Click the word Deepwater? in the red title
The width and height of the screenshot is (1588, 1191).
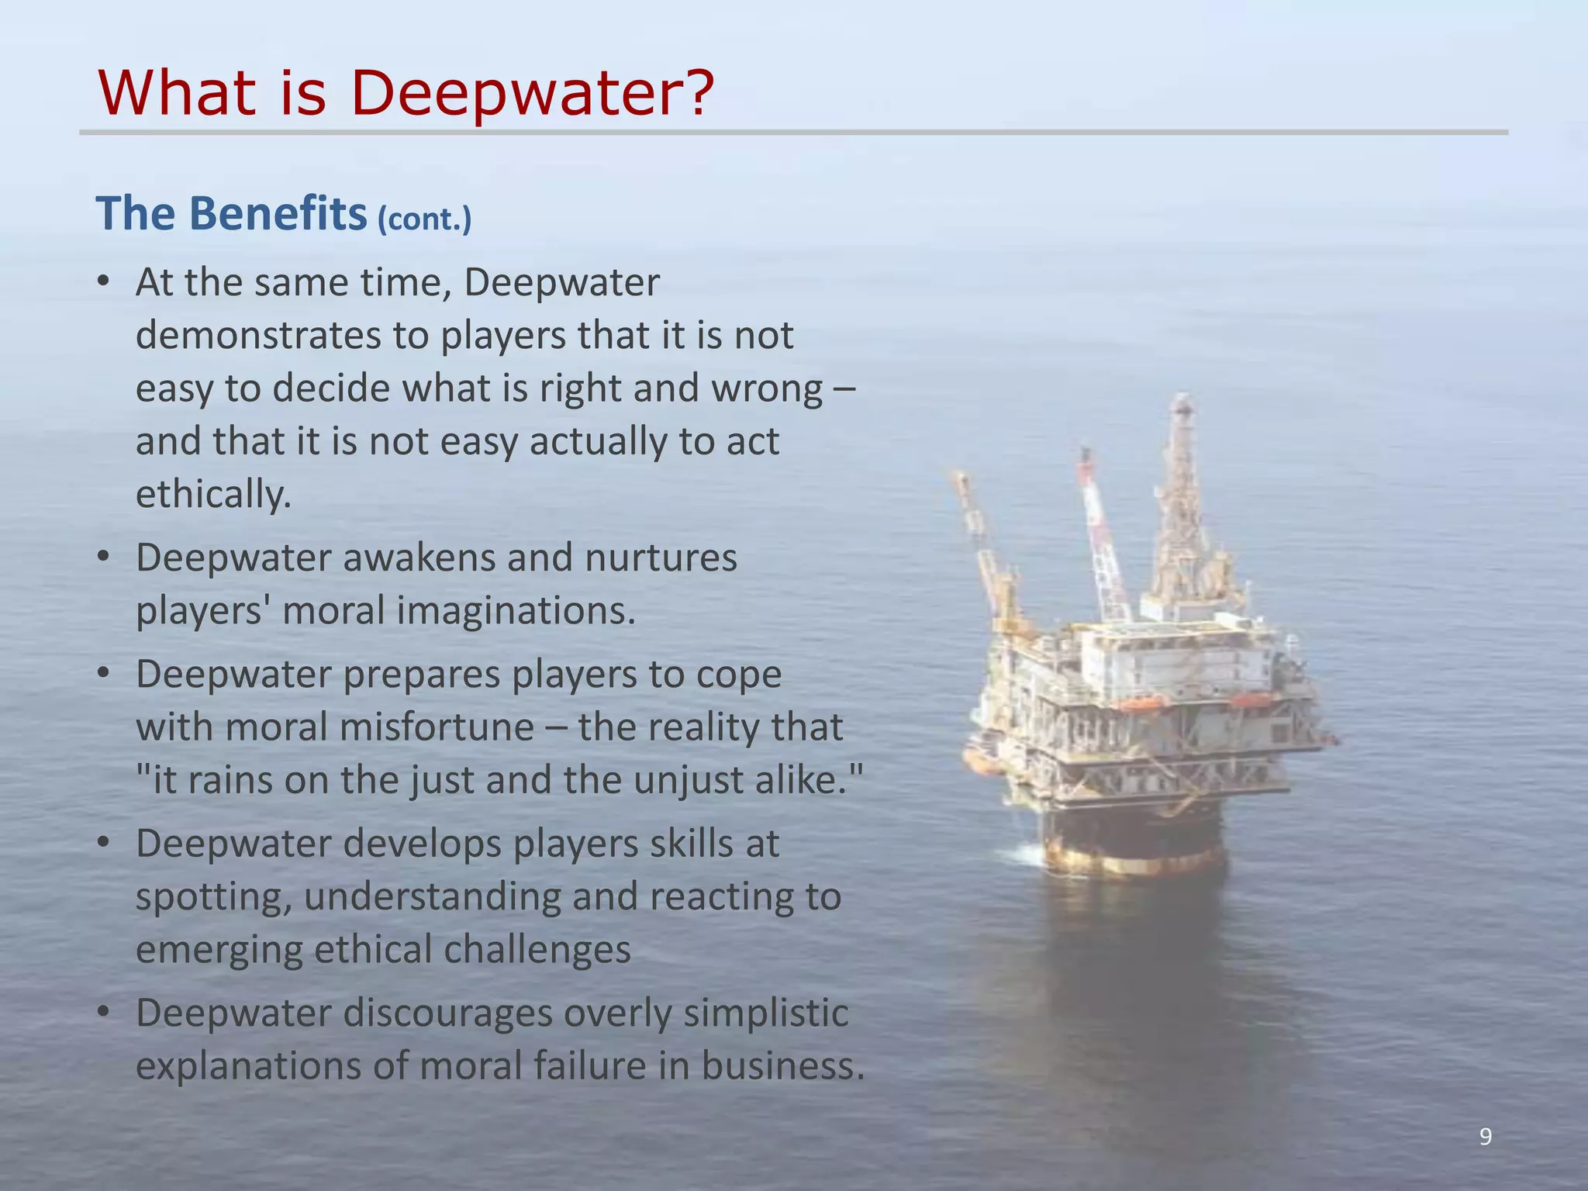[532, 93]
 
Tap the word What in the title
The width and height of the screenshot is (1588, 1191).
[177, 93]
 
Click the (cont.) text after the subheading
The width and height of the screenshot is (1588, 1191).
[424, 219]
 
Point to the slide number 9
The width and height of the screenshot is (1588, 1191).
[1485, 1137]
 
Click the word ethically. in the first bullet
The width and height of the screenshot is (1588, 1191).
[213, 494]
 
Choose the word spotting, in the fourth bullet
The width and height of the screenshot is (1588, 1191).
[214, 897]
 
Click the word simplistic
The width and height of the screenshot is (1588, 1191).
[765, 1013]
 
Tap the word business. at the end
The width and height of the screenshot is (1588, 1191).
[783, 1065]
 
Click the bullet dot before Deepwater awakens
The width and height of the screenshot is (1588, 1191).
[104, 558]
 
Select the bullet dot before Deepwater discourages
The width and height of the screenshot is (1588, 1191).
[104, 1013]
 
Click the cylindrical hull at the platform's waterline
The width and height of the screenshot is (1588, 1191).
[1132, 845]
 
